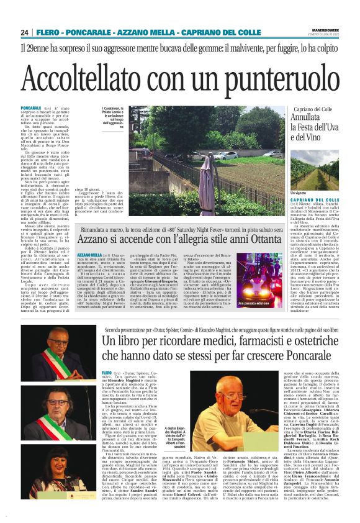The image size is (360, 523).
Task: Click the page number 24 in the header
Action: [x=25, y=32]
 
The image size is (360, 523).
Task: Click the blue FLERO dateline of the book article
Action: [x=105, y=372]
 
